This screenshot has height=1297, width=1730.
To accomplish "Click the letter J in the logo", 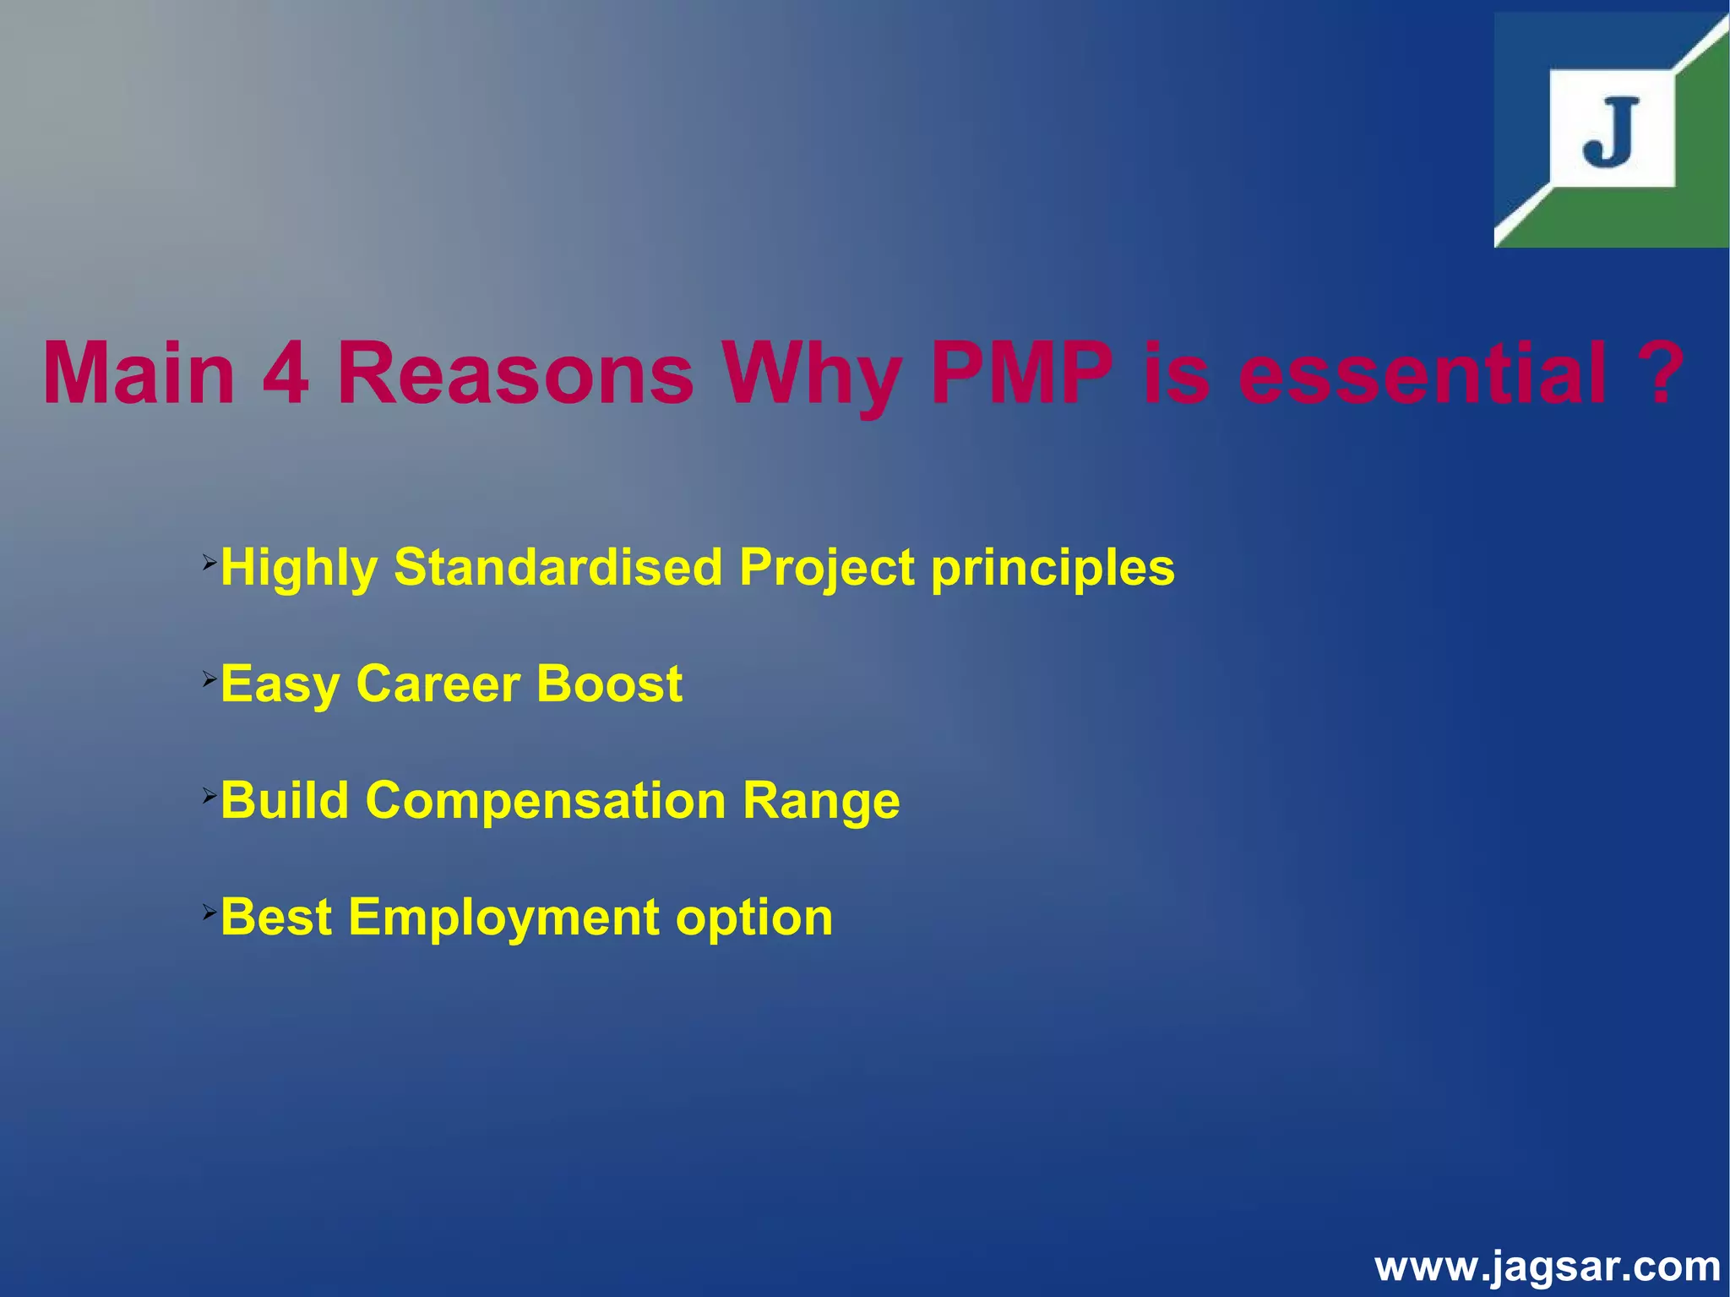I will pos(1610,133).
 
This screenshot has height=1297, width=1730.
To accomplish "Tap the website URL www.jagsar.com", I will pos(1547,1267).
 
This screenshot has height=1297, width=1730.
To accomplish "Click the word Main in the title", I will pos(139,373).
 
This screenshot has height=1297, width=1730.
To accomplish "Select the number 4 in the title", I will pos(286,373).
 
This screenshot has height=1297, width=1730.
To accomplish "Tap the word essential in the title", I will pos(1423,373).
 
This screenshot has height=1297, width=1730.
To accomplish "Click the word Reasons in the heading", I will pos(514,373).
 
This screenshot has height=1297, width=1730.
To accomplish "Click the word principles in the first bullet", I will pos(1053,568).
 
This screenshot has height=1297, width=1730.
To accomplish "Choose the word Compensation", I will pos(546,800).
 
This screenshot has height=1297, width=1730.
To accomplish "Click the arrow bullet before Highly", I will pos(209,560).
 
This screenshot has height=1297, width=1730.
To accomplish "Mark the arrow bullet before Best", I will pos(209,911).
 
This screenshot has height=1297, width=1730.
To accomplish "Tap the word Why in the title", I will pos(812,373).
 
